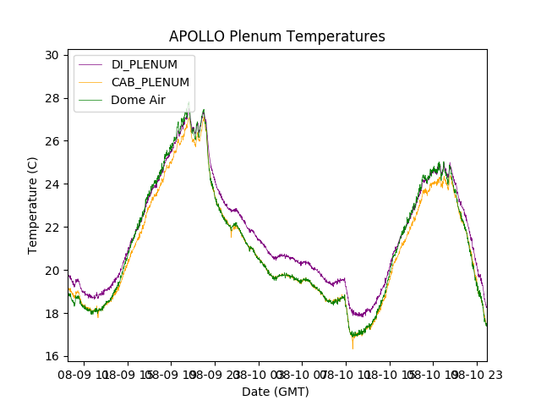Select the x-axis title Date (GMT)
coord(276,392)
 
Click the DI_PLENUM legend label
coord(145,65)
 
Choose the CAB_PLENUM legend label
coord(150,82)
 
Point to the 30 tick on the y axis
coord(52,55)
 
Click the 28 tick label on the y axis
coord(52,98)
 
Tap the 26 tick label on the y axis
coord(52,141)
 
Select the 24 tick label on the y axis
coord(52,184)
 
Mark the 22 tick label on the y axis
coord(52,228)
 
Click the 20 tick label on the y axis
coord(52,271)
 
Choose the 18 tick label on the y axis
coord(52,314)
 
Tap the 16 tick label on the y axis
coord(52,357)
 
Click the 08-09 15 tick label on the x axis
coord(128,373)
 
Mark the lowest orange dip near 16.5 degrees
coord(352,347)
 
